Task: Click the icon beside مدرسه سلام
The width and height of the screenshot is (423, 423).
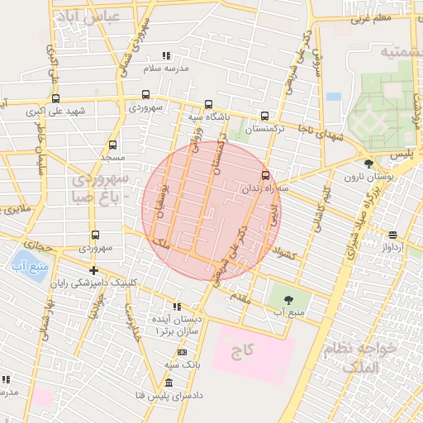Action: coord(167,55)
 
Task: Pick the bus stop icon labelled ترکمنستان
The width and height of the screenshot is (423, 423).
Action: coord(264,116)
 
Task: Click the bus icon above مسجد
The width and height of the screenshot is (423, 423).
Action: coord(112,144)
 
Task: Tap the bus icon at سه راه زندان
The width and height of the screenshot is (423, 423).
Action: coord(265,175)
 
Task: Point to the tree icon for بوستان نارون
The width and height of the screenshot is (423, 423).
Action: coord(368,163)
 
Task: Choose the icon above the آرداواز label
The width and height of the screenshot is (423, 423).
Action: coord(392,234)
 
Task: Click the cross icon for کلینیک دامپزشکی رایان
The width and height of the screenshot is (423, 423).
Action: coord(93,270)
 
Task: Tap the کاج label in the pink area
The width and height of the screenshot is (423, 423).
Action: coord(241,351)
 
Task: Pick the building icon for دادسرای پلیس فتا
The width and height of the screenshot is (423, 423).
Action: coord(169,383)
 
